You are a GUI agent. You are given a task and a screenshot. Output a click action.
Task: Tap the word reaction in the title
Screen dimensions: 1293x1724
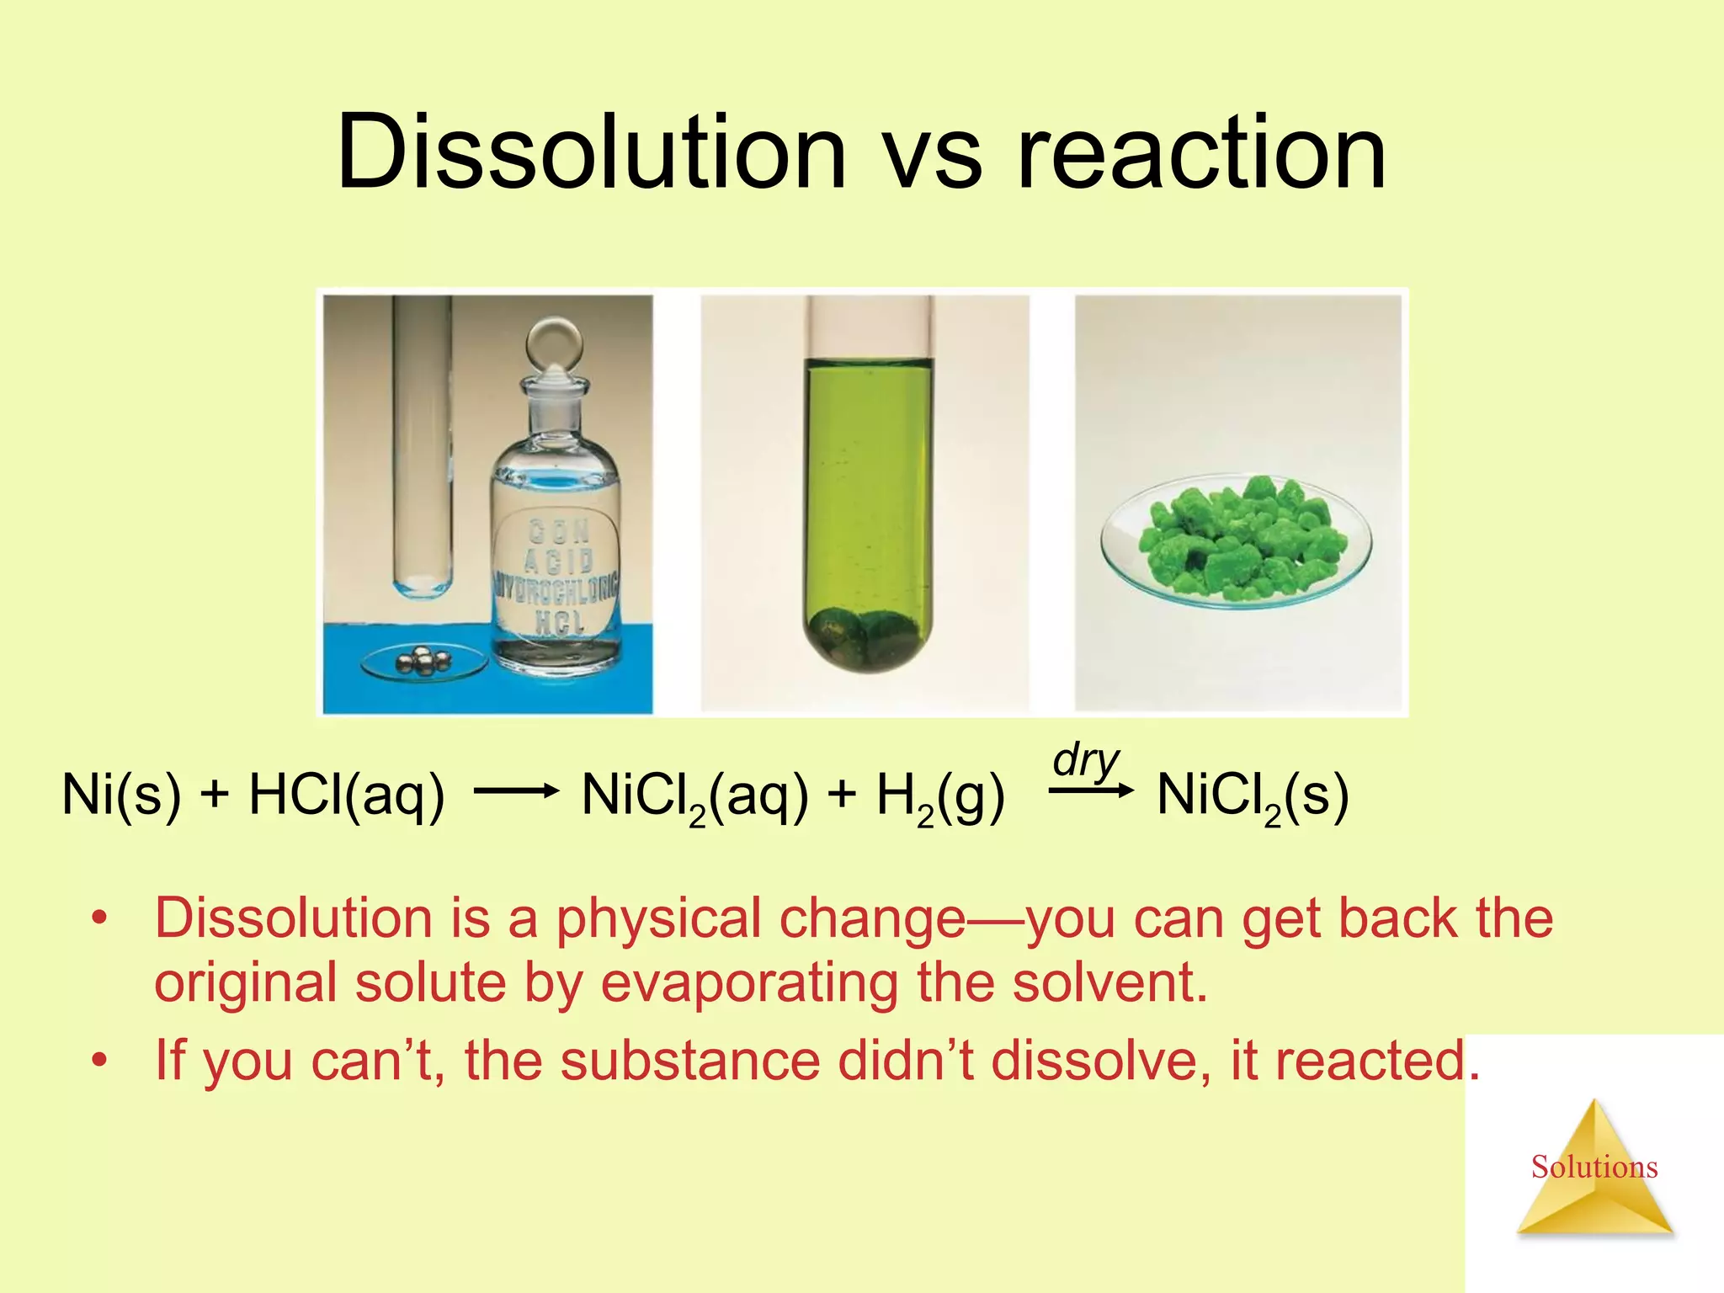point(1201,153)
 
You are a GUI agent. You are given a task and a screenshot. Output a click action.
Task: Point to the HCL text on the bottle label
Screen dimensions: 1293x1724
point(559,622)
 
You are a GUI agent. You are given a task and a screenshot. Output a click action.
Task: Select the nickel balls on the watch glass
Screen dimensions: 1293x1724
point(423,661)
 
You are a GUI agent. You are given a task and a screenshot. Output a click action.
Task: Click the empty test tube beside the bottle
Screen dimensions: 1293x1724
point(422,446)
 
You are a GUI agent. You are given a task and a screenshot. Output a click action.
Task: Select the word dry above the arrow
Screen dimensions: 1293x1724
point(1086,761)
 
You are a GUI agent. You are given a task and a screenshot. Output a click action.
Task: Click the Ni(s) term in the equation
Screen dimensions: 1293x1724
point(121,795)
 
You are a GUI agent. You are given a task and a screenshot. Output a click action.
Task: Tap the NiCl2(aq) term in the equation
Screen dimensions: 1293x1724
point(694,796)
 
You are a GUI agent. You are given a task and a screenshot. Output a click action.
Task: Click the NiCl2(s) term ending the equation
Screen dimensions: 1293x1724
point(1253,796)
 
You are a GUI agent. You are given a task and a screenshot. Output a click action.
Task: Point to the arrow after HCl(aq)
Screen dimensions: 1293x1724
point(516,790)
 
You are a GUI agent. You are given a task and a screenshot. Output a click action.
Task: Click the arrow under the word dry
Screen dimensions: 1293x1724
point(1091,790)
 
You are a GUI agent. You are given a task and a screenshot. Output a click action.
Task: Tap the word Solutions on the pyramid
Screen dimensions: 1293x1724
point(1594,1167)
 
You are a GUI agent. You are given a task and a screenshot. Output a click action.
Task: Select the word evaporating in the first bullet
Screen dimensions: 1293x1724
point(748,982)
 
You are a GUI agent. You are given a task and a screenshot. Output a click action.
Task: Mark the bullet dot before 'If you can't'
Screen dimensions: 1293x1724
point(101,1061)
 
